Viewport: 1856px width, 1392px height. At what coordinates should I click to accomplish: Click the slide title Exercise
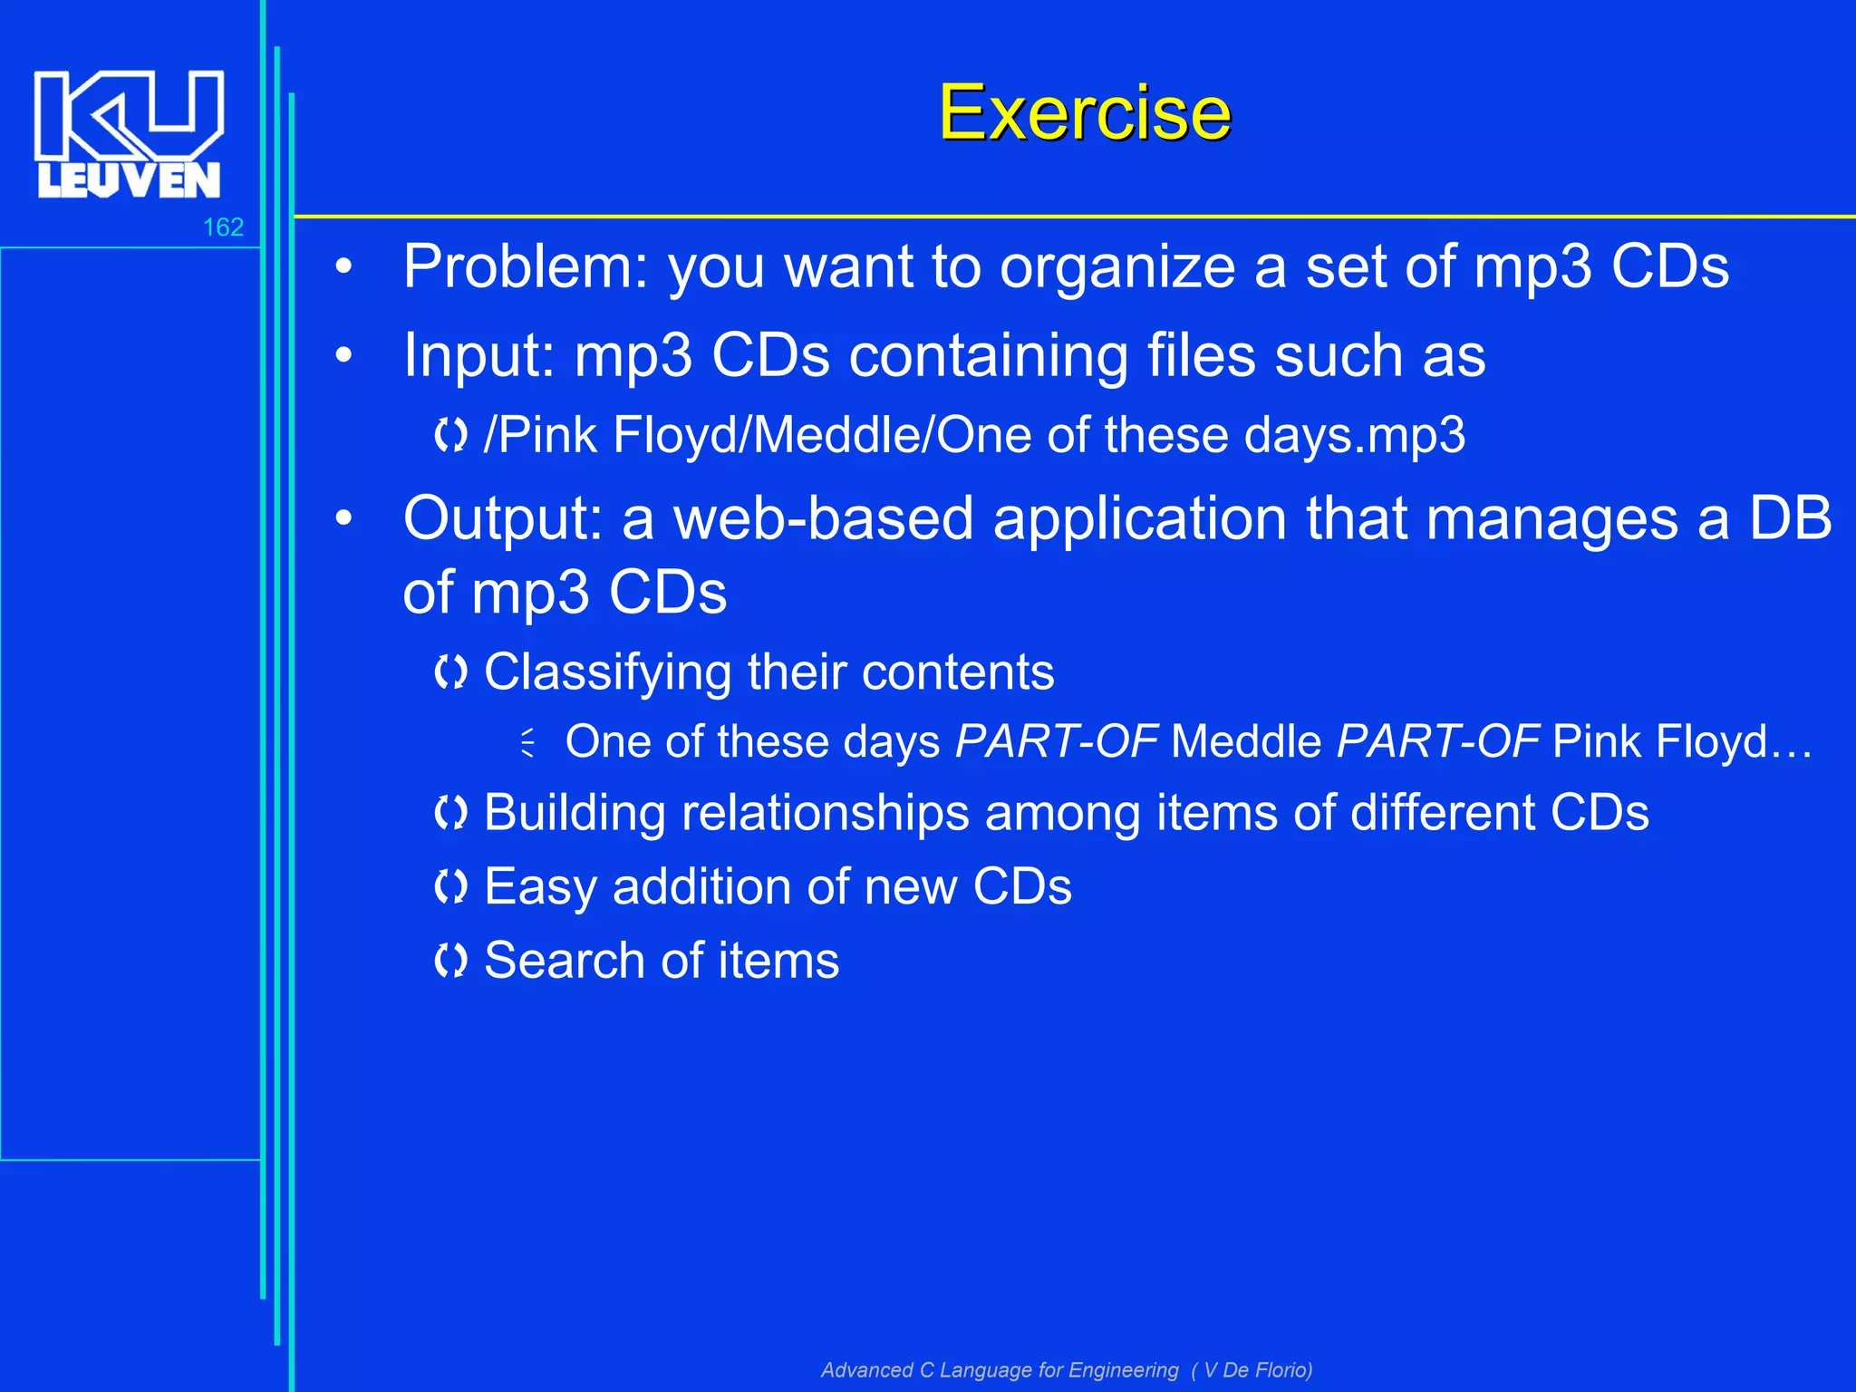click(x=1084, y=112)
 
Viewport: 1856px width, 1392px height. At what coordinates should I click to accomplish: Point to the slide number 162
click(x=223, y=227)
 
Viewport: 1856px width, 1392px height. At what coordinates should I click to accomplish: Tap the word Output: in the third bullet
click(x=503, y=519)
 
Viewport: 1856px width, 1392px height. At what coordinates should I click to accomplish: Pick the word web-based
click(x=823, y=519)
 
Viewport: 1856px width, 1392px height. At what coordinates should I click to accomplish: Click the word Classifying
click(x=607, y=673)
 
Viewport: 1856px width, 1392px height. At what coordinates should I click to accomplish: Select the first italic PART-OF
click(x=1057, y=741)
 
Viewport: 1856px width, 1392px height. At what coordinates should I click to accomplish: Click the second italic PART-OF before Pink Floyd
click(x=1437, y=741)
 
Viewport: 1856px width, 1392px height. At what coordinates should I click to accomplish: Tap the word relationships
click(x=825, y=813)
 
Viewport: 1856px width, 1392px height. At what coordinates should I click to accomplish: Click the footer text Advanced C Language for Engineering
click(x=1000, y=1370)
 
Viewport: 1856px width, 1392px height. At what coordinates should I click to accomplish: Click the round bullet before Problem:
click(x=343, y=267)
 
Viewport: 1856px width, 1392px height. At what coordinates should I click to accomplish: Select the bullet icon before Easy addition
click(x=450, y=886)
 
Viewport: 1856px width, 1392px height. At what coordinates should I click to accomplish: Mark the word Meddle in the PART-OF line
click(x=1246, y=741)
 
